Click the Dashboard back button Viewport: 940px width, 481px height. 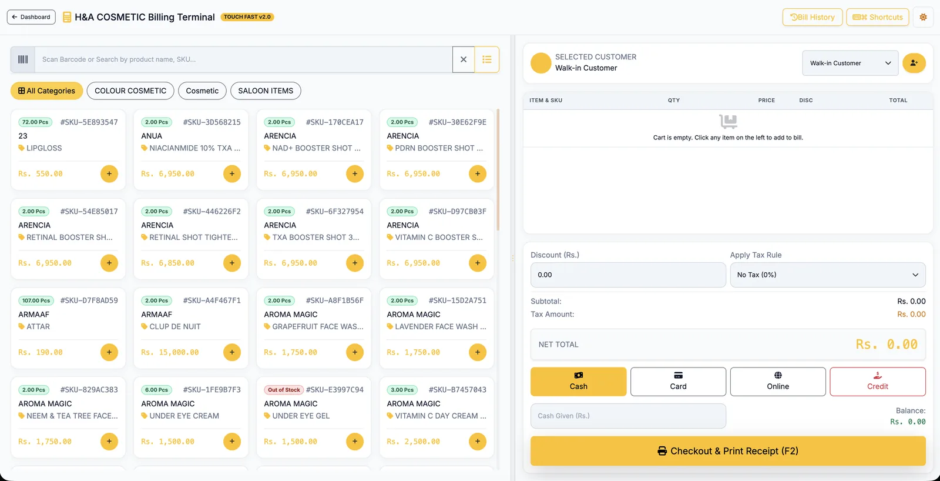[x=31, y=17]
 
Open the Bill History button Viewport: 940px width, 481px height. [x=812, y=17]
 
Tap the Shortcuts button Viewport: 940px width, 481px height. [x=878, y=17]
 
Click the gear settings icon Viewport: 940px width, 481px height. [x=923, y=17]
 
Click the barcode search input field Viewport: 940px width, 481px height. [x=243, y=59]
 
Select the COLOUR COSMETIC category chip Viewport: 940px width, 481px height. [x=130, y=91]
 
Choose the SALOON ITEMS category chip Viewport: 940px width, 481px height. [x=266, y=91]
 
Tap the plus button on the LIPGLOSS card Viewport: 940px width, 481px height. [x=109, y=173]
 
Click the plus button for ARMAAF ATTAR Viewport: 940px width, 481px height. [x=109, y=352]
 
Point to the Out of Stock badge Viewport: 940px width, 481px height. [x=284, y=390]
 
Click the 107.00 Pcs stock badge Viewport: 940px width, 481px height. [x=36, y=300]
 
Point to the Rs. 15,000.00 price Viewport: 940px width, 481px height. [x=170, y=352]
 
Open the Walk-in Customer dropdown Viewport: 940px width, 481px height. [x=850, y=63]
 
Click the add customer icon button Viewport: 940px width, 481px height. [x=914, y=63]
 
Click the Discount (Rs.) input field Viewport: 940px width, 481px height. [x=628, y=275]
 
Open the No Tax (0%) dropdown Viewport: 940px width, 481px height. [x=828, y=275]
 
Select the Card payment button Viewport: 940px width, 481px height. [x=678, y=382]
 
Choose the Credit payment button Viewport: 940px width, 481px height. [x=878, y=382]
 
